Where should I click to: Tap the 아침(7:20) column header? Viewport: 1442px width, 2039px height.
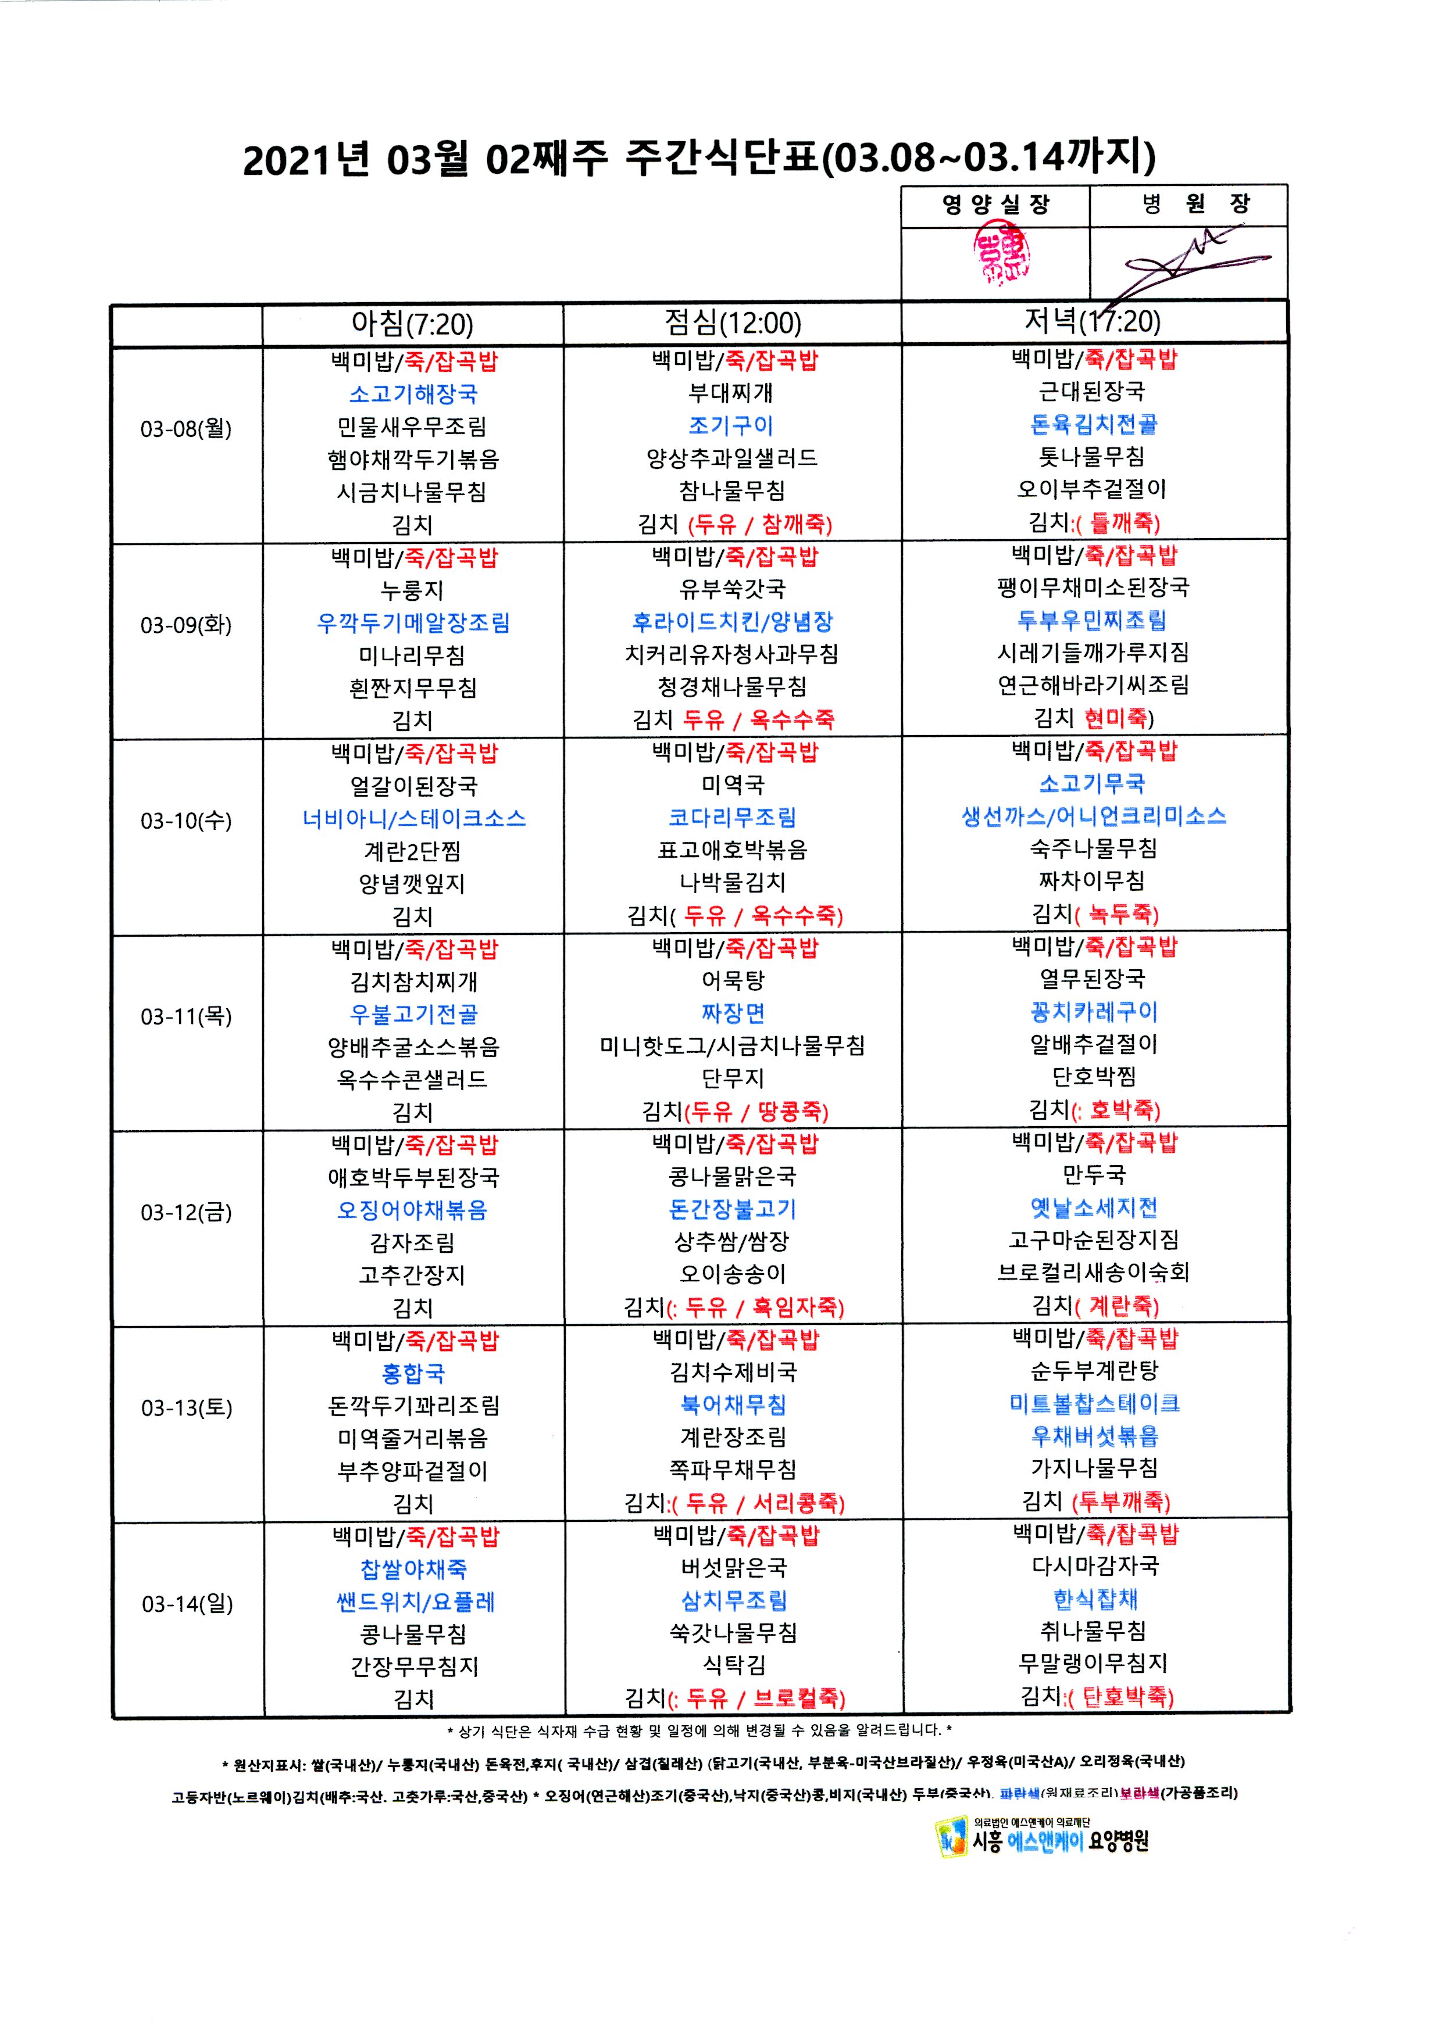[412, 324]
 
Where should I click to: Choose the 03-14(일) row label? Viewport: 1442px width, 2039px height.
[187, 1604]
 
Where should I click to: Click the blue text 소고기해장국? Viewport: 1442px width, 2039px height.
[413, 393]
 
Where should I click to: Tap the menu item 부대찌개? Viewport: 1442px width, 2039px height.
[731, 393]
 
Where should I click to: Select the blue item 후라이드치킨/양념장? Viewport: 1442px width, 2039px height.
[732, 622]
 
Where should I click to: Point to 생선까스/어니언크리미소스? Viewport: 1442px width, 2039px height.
[1094, 816]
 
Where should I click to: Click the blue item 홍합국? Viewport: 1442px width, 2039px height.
[413, 1374]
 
